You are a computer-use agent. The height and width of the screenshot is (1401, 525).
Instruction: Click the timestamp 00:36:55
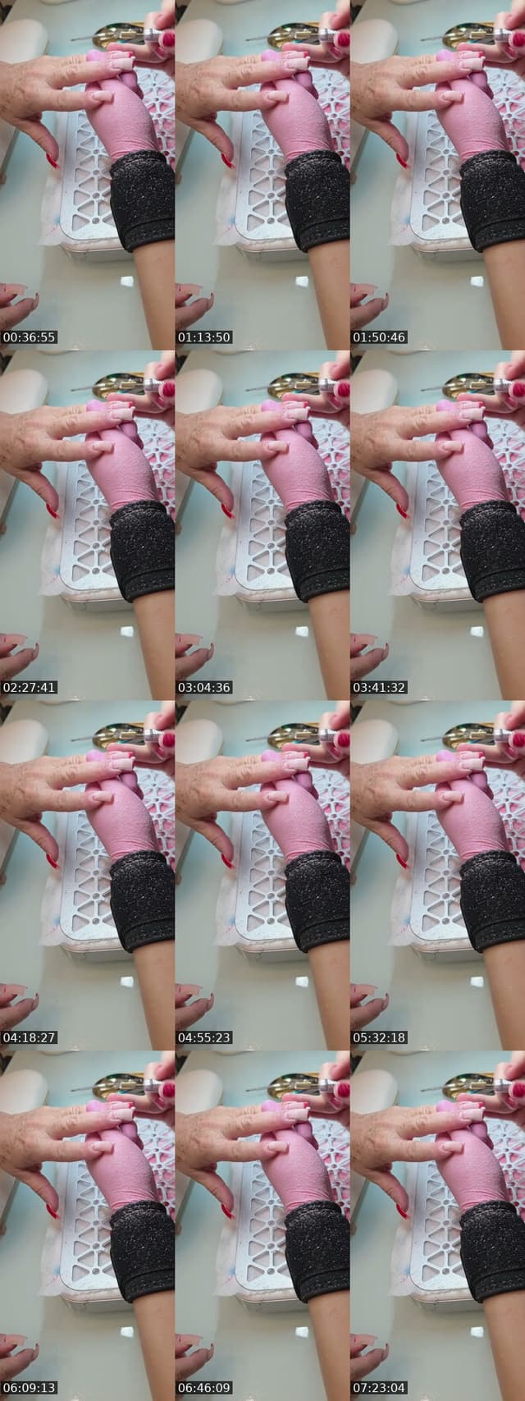tap(30, 337)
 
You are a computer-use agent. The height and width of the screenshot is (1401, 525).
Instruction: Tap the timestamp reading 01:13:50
tap(204, 337)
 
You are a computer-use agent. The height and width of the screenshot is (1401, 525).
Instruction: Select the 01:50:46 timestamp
tap(379, 337)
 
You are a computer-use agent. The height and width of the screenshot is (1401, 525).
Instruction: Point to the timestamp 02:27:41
tap(30, 687)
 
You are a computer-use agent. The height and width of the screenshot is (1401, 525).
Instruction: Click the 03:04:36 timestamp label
tap(204, 687)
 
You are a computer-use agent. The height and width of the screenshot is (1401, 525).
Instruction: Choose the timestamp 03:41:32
tap(379, 687)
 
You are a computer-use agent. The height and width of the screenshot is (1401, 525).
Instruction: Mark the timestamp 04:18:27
tap(30, 1037)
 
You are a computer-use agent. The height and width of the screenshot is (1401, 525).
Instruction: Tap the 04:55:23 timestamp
tap(204, 1037)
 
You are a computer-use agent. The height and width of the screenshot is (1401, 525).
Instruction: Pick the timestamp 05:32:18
tap(379, 1037)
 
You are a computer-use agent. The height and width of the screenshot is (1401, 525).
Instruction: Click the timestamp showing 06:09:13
tap(30, 1388)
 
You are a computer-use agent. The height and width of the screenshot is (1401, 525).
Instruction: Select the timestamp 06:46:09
tap(204, 1388)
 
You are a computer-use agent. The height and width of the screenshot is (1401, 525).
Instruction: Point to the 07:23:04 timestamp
tap(379, 1388)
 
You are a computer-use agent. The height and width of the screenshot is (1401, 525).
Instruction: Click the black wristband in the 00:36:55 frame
tap(143, 200)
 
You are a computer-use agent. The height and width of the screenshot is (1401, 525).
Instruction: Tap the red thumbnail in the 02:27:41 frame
tap(52, 510)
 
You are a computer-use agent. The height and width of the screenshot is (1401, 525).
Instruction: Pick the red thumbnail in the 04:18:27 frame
tap(52, 861)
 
